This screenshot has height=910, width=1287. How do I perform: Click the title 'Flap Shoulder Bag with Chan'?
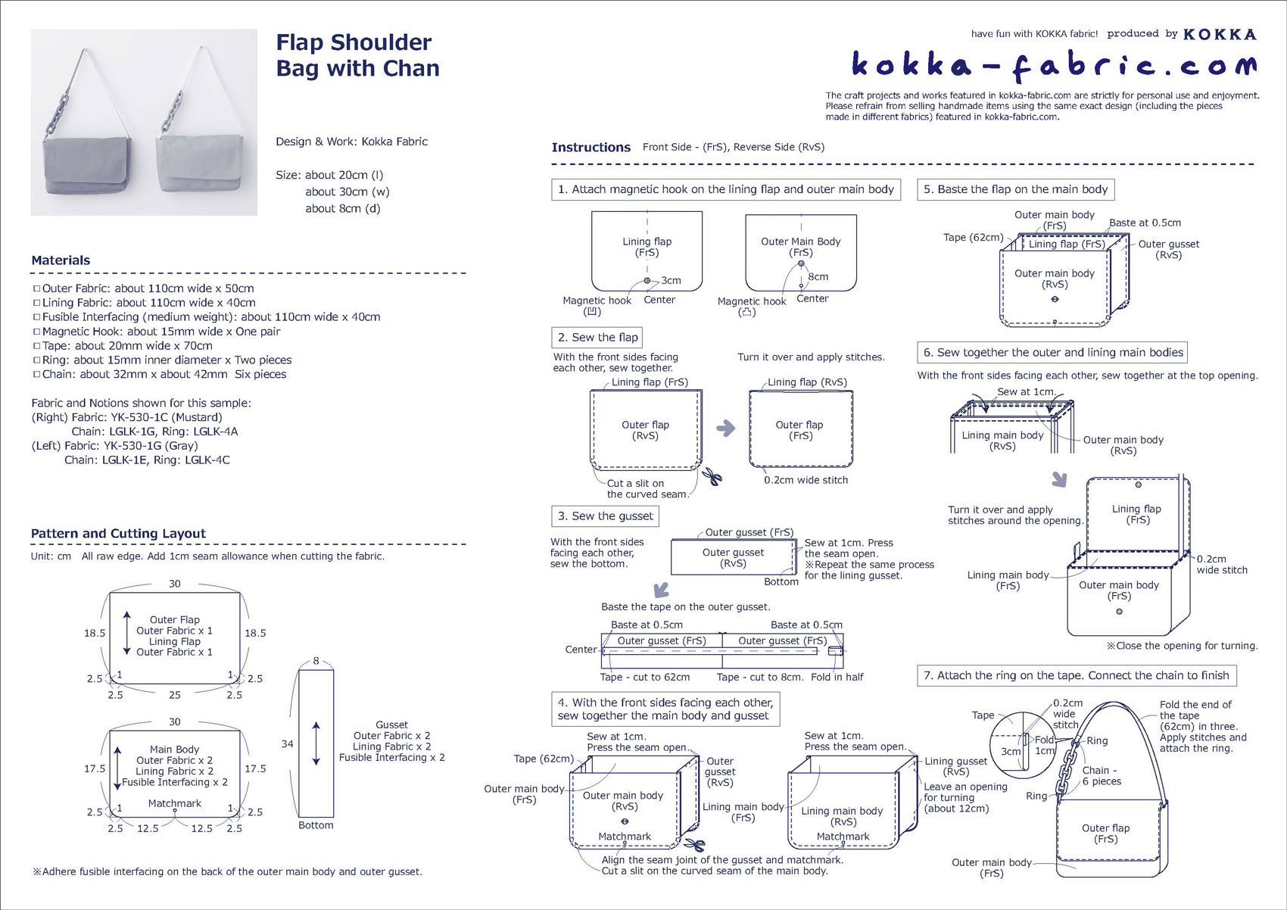pyautogui.click(x=357, y=55)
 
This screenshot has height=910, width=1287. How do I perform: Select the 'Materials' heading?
pyautogui.click(x=61, y=260)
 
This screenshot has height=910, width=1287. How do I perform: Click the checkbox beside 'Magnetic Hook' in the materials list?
pyautogui.click(x=36, y=332)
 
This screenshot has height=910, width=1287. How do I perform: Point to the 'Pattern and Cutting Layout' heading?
pyautogui.click(x=118, y=534)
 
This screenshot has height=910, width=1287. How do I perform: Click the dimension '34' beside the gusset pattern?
pyautogui.click(x=287, y=744)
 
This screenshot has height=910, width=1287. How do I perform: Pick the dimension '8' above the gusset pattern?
pyautogui.click(x=316, y=661)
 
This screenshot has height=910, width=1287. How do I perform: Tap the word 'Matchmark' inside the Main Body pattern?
pyautogui.click(x=174, y=803)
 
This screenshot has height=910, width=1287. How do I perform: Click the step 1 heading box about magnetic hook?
pyautogui.click(x=725, y=189)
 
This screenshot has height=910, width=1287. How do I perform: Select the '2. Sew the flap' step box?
pyautogui.click(x=597, y=338)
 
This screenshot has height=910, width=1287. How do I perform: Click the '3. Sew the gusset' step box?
pyautogui.click(x=605, y=516)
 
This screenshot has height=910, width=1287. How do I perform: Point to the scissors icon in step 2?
pyautogui.click(x=712, y=477)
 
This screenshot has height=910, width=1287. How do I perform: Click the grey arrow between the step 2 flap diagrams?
pyautogui.click(x=725, y=429)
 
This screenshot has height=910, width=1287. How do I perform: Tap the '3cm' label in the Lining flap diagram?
pyautogui.click(x=671, y=280)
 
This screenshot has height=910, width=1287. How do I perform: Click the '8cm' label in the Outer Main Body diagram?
pyautogui.click(x=818, y=276)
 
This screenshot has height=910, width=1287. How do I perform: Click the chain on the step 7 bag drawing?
pyautogui.click(x=1070, y=765)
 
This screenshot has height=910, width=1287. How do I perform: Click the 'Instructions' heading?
pyautogui.click(x=591, y=148)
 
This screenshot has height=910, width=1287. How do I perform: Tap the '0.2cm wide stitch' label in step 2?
pyautogui.click(x=806, y=480)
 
